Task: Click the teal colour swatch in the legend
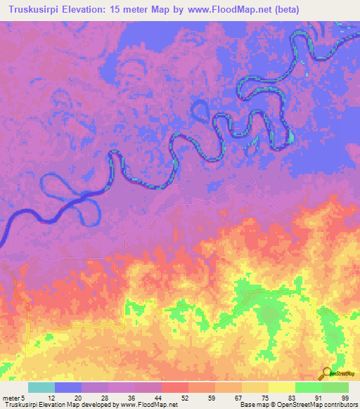coord(41,387)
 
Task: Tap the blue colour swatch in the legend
coord(68,387)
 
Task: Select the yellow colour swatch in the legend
coord(282,387)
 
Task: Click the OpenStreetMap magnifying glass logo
coord(326,373)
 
